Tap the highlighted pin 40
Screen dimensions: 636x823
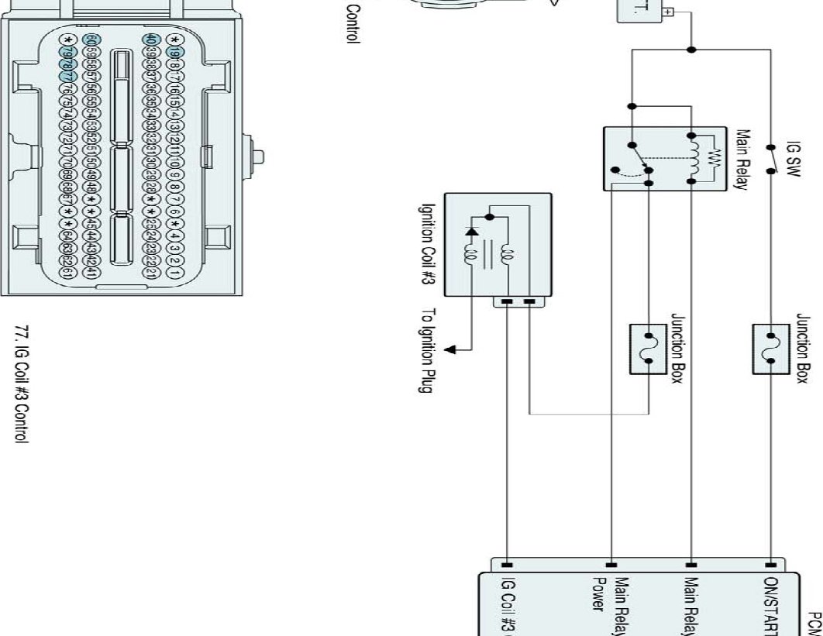[x=151, y=40]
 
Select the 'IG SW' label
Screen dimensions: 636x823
[x=793, y=158]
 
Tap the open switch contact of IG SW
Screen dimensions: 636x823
[x=770, y=159]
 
